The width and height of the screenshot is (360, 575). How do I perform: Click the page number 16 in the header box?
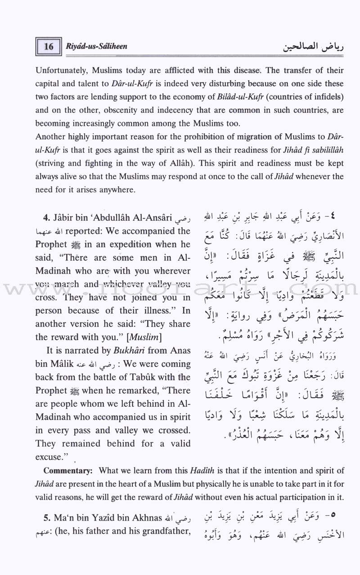pyautogui.click(x=49, y=47)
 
